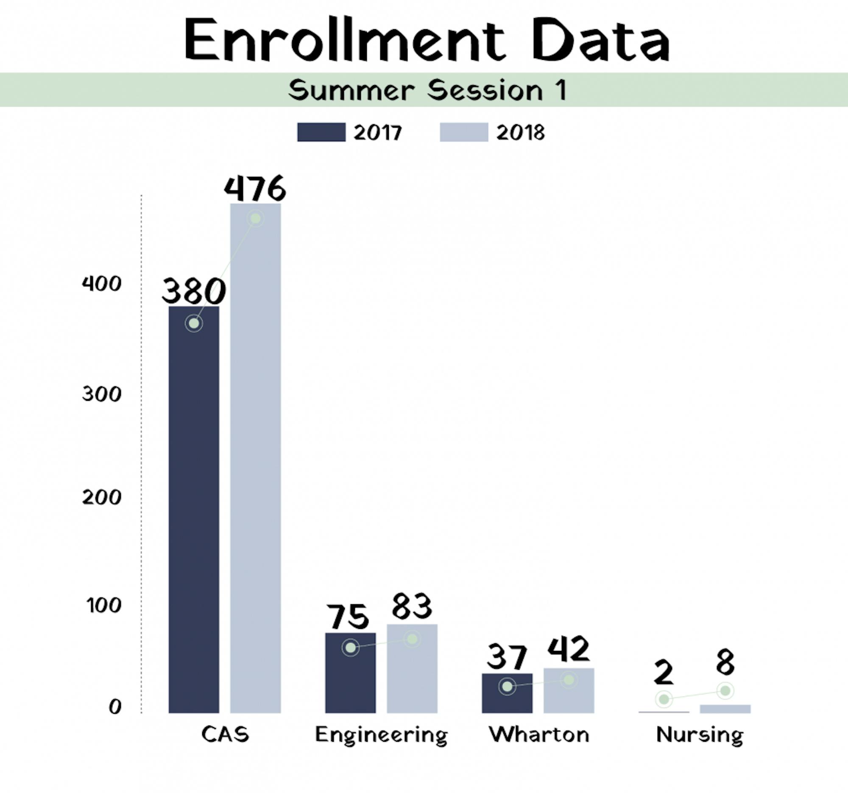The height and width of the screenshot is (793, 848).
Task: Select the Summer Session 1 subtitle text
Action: pyautogui.click(x=427, y=90)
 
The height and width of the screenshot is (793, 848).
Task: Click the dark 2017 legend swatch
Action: pyautogui.click(x=321, y=132)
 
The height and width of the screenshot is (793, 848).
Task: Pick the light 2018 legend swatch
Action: pyautogui.click(x=464, y=132)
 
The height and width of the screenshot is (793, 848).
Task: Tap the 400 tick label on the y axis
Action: pyautogui.click(x=101, y=284)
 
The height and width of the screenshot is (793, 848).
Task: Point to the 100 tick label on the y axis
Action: pyautogui.click(x=103, y=605)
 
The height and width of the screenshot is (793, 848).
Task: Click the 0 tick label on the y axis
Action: pyautogui.click(x=115, y=707)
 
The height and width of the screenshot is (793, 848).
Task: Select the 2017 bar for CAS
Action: pyautogui.click(x=194, y=512)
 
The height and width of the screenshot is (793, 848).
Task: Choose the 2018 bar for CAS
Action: pyautogui.click(x=255, y=469)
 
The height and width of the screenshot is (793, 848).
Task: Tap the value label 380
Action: pyautogui.click(x=193, y=291)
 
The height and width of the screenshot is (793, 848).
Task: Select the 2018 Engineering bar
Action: pyautogui.click(x=412, y=674)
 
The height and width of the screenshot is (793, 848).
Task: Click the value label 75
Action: pyautogui.click(x=348, y=617)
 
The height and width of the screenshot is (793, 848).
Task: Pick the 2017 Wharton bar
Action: pyautogui.click(x=507, y=700)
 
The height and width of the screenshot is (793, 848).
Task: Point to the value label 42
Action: pyautogui.click(x=568, y=649)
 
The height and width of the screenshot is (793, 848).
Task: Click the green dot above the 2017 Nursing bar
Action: pyautogui.click(x=664, y=699)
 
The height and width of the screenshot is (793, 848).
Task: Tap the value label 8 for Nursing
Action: pyautogui.click(x=725, y=662)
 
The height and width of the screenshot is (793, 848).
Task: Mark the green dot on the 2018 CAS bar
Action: pyautogui.click(x=256, y=219)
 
